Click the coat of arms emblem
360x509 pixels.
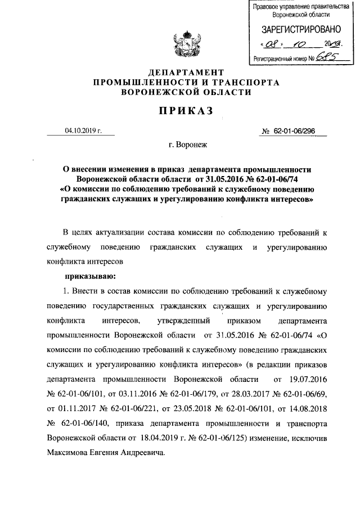point(179,47)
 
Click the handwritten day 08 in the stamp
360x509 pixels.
point(273,43)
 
